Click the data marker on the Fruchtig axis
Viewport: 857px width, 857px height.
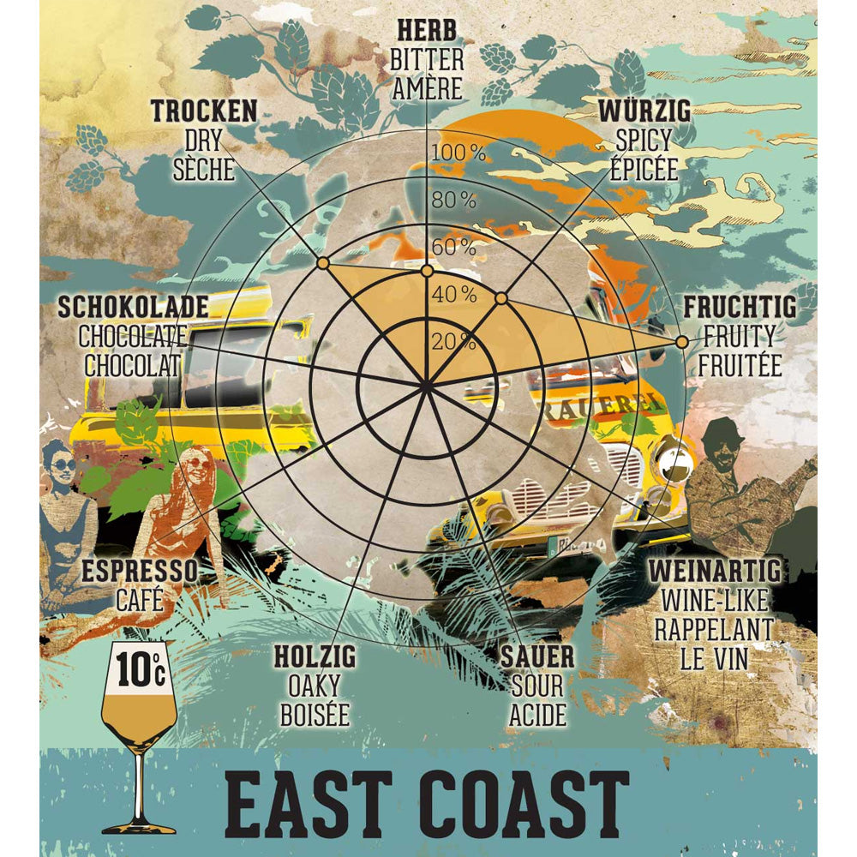(681, 342)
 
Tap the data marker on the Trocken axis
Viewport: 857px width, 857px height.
(322, 263)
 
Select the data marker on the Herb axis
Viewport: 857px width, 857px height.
(427, 271)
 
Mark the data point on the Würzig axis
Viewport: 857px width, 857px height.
(502, 298)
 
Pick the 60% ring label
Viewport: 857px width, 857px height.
(454, 248)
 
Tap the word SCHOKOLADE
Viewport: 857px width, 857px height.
(133, 307)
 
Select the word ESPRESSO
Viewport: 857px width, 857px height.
(139, 572)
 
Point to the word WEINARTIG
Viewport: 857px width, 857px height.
(714, 571)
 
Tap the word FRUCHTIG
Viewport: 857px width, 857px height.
(740, 307)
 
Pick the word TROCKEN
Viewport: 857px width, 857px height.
(204, 111)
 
